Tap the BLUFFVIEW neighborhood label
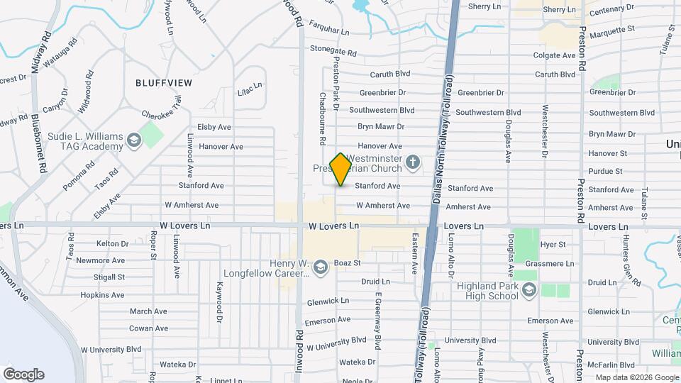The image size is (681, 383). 164,82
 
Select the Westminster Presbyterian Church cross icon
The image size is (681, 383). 412,165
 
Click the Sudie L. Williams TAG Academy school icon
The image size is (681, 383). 133,141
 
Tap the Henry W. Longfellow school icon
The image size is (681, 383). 321,267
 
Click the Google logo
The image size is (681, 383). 23,374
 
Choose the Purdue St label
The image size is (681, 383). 605,171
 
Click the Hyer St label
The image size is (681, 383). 553,244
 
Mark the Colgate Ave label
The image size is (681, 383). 554,55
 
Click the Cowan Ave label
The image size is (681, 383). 148,328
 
